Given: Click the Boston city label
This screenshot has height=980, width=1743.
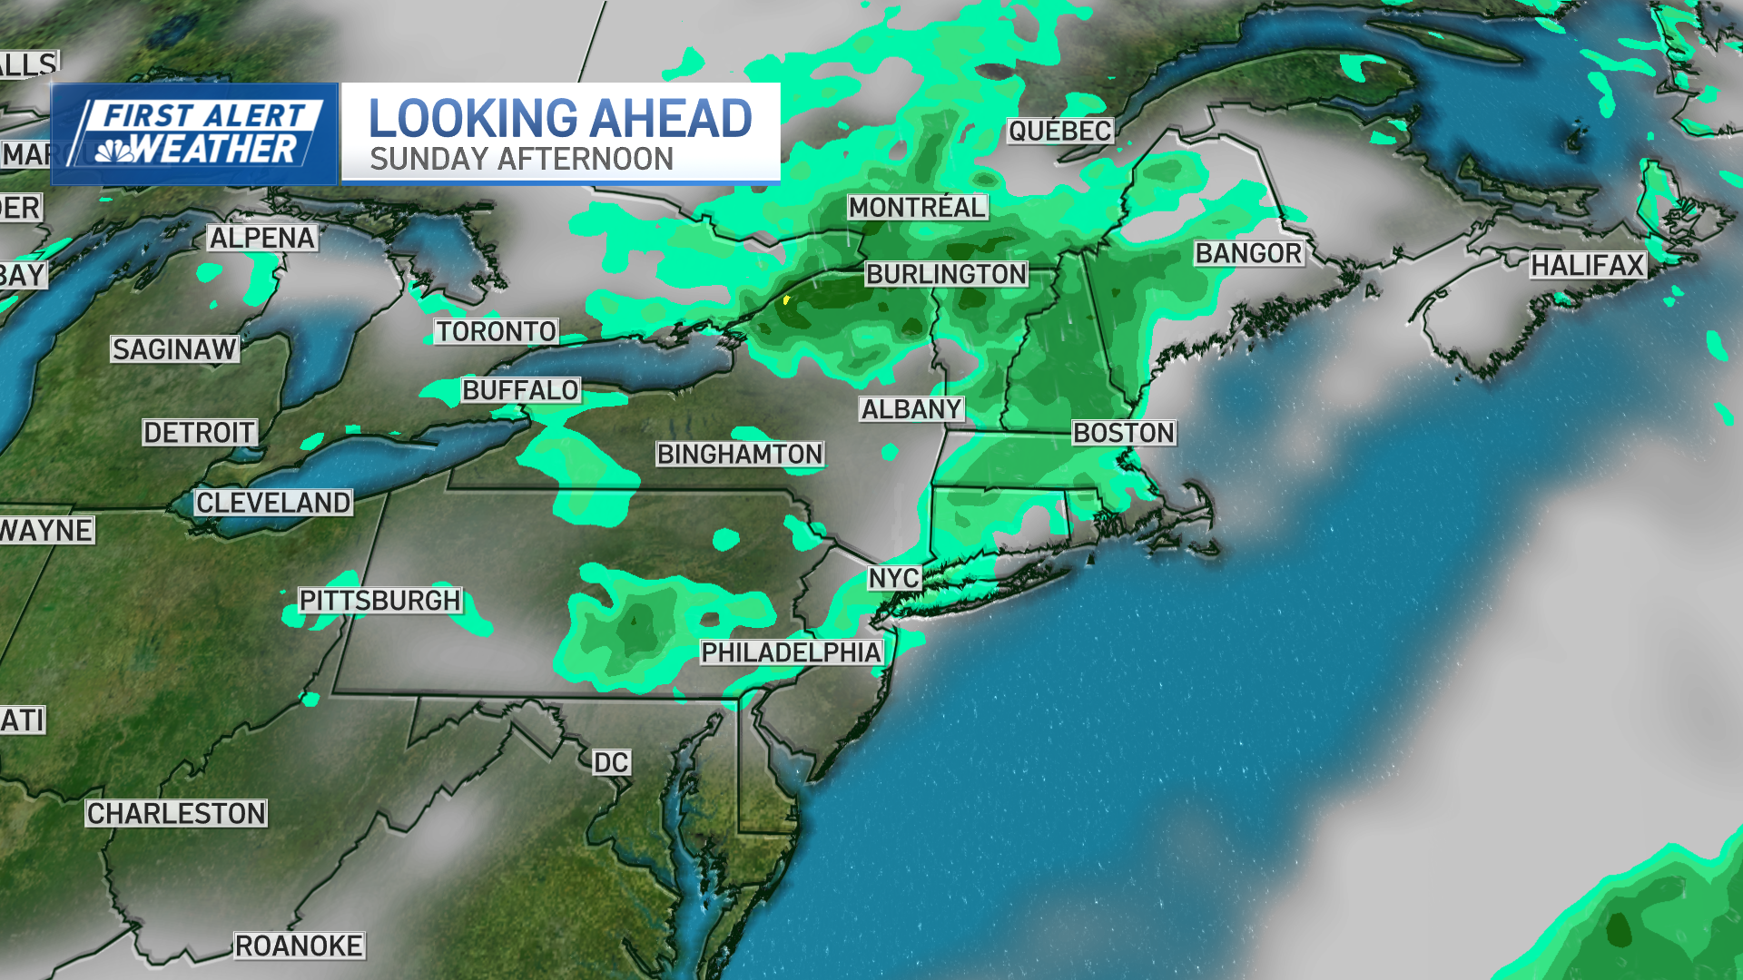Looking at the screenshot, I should tap(1124, 433).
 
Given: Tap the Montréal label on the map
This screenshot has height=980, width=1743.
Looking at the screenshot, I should tap(917, 207).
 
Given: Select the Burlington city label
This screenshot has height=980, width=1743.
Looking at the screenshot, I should tap(946, 274).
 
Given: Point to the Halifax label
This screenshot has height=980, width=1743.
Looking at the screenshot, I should tap(1588, 265).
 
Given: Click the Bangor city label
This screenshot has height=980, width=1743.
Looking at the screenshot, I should tap(1248, 253).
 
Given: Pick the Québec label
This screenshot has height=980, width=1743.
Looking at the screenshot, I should tap(1059, 131).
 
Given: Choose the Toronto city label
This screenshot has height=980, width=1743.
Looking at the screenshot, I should tap(496, 331).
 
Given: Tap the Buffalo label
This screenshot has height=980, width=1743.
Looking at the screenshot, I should tap(520, 390).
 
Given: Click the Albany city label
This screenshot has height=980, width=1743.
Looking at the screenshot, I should tap(911, 409).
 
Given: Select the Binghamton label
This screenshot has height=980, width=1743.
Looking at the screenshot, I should tap(740, 454).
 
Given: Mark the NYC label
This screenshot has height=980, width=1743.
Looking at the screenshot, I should tap(894, 578).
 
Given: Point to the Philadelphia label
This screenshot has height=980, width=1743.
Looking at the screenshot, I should tap(791, 652).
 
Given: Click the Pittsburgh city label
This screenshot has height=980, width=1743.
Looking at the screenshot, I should tap(380, 601).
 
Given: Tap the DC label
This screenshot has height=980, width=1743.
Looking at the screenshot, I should tap(611, 762).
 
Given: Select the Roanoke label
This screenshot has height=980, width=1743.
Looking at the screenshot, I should tap(299, 946).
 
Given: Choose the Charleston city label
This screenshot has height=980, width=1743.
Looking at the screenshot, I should tap(176, 813).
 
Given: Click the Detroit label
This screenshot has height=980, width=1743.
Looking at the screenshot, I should tap(200, 432).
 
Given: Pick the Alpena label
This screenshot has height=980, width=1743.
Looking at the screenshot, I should tap(262, 238).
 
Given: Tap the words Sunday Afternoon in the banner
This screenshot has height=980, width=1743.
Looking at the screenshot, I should tap(521, 160).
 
